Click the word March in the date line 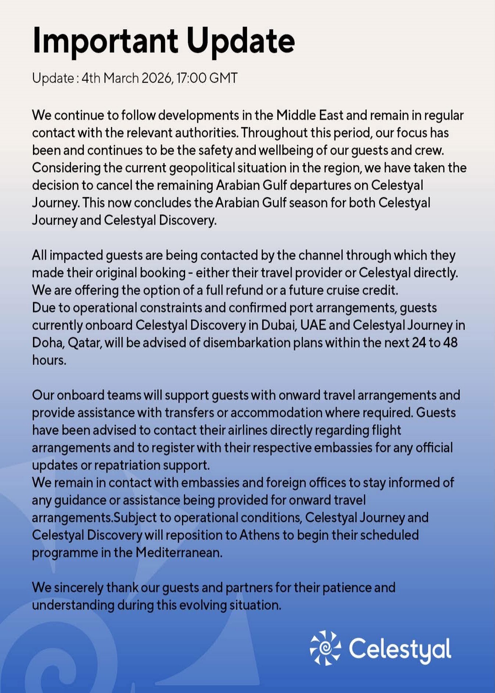121,78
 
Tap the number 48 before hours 450,343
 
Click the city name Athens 259,535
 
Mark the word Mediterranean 179,553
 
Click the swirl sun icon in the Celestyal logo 325,648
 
